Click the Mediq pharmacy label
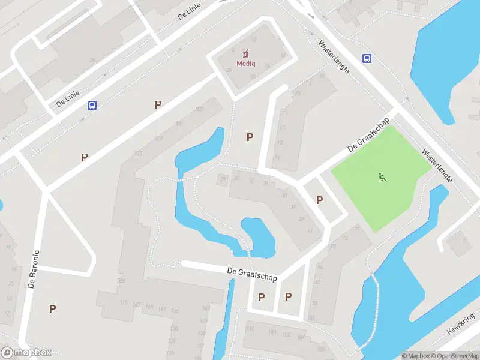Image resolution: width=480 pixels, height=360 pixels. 246,63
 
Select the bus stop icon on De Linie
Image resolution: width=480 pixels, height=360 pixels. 92,105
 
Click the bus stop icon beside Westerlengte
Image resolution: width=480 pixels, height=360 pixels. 367,58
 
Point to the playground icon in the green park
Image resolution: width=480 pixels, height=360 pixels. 382,176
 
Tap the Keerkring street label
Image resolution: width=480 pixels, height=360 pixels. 461,323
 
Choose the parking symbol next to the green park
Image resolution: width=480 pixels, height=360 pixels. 319,200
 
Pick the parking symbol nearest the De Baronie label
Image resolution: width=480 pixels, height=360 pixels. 53,308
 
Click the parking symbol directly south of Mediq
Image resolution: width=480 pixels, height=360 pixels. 250,137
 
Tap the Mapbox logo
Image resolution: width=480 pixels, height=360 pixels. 26,353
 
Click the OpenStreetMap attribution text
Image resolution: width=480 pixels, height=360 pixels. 453,356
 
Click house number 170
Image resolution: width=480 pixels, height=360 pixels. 124,302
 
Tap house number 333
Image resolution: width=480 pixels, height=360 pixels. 199,109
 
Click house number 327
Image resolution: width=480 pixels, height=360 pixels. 138,153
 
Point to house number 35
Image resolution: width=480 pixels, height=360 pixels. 284,194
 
